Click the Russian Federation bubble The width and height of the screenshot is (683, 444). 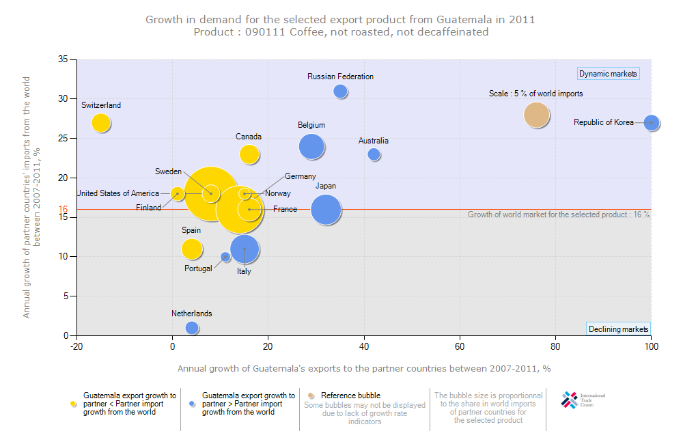(341, 92)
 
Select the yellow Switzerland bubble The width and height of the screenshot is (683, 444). (101, 123)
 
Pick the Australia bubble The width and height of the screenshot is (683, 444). (374, 154)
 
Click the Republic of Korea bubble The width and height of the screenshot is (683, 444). (652, 123)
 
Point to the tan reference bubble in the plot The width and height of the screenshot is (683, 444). (537, 115)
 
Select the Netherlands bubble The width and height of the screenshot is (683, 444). (192, 328)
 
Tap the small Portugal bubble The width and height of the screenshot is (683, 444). (225, 257)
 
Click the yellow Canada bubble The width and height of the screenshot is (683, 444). (249, 154)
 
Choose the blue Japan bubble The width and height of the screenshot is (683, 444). (326, 210)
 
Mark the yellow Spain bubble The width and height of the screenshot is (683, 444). (192, 249)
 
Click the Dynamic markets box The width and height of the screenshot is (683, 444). (608, 74)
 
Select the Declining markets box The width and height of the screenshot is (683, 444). (618, 329)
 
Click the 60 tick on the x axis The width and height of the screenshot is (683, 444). (460, 346)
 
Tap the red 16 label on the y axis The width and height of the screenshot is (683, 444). (63, 210)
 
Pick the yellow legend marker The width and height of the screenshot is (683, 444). (73, 404)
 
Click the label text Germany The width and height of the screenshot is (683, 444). (300, 176)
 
